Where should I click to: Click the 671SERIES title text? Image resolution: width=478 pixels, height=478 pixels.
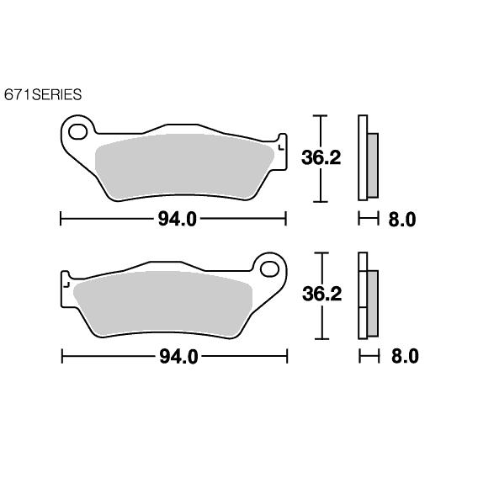tap(43, 94)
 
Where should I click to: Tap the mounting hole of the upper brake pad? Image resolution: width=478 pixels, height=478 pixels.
tap(78, 131)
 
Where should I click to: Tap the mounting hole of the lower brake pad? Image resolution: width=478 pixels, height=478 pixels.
tap(269, 269)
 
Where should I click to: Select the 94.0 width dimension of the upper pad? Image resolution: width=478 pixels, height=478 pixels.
tap(178, 219)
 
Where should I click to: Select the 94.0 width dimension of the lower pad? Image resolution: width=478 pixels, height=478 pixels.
tap(179, 357)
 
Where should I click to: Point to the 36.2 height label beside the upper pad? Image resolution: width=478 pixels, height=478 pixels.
tap(321, 158)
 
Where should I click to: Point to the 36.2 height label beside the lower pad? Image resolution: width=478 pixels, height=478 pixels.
tap(322, 295)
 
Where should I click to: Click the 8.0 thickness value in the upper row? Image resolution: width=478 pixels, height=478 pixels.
tap(402, 220)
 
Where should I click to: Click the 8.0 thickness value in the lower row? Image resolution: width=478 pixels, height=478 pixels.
tap(405, 356)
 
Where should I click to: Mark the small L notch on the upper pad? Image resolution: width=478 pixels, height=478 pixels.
tap(281, 148)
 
